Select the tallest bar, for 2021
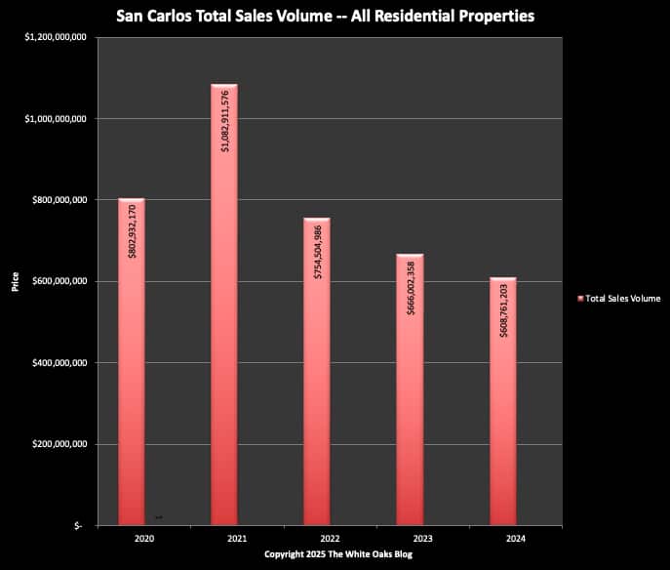pos(224,342)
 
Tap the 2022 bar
pos(317,410)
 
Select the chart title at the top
pos(332,17)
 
